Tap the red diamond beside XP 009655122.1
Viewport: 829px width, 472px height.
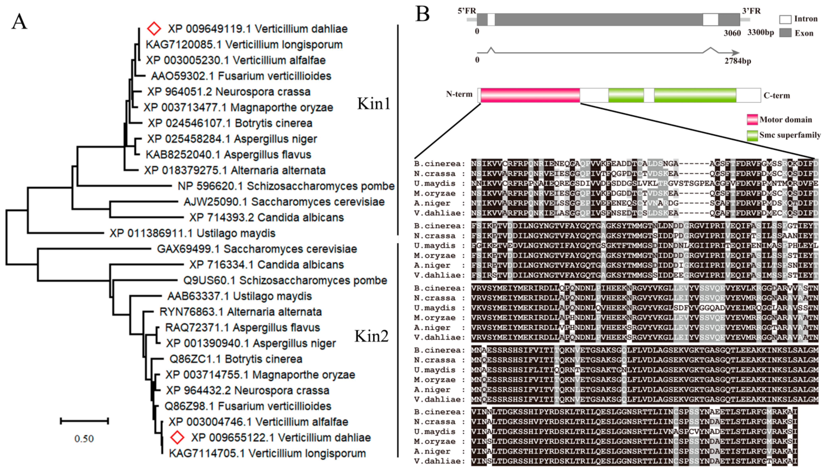pyautogui.click(x=177, y=437)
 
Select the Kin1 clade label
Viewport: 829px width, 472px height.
pyautogui.click(x=374, y=104)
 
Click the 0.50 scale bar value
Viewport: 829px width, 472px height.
pyautogui.click(x=84, y=439)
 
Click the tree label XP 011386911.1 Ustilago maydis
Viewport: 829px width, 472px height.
pyautogui.click(x=192, y=233)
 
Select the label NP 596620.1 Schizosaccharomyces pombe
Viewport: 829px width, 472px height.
pyautogui.click(x=286, y=186)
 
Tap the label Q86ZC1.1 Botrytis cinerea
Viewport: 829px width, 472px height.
pyautogui.click(x=236, y=359)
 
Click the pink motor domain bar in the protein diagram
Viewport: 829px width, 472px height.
pyautogui.click(x=530, y=95)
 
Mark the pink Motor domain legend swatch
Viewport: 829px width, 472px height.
pyautogui.click(x=752, y=120)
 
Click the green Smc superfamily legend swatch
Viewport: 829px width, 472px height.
pyautogui.click(x=752, y=135)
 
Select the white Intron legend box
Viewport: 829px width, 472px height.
pyautogui.click(x=785, y=19)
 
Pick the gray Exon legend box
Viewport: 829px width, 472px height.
pyautogui.click(x=785, y=33)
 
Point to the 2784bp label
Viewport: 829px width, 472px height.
pyautogui.click(x=738, y=61)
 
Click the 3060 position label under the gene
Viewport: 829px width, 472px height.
pyautogui.click(x=732, y=33)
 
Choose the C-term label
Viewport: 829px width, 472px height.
pyautogui.click(x=777, y=96)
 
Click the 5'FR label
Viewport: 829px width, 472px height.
pyautogui.click(x=467, y=11)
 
